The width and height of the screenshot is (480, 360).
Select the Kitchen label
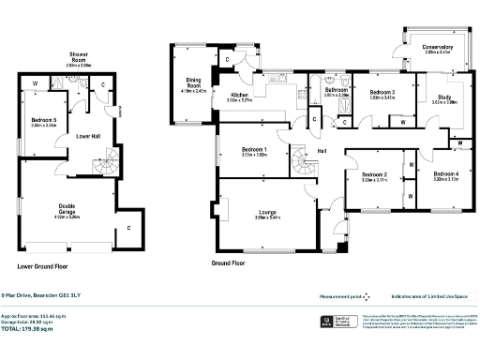[x=241, y=96]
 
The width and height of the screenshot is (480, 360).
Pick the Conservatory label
[x=438, y=49]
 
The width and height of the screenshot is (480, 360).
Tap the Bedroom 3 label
[x=382, y=93]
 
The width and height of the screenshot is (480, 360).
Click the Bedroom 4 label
[x=445, y=175]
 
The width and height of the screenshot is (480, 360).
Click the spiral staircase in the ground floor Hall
[x=305, y=167]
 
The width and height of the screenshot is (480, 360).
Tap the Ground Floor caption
[x=230, y=264]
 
